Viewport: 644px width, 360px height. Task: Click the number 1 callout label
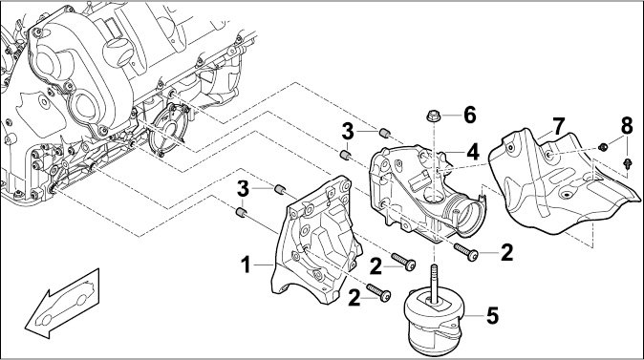pos(246,265)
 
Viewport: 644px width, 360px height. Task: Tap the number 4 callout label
pos(473,152)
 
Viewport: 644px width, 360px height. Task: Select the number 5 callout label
pos(492,316)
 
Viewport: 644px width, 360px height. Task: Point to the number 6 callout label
pos(470,115)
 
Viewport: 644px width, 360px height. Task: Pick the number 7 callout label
pos(559,126)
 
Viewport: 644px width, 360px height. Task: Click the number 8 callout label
pos(627,126)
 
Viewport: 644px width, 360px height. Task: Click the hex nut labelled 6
pos(432,116)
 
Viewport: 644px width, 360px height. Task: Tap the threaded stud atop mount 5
pos(434,284)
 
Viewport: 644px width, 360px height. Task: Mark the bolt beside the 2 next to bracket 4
pos(465,251)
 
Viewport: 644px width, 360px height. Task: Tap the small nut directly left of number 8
pos(603,146)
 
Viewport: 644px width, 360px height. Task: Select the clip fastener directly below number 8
pos(627,164)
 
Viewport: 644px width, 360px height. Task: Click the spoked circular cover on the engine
pos(168,129)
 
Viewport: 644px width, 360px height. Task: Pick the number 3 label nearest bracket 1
pos(243,189)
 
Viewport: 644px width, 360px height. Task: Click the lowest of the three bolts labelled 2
pos(378,293)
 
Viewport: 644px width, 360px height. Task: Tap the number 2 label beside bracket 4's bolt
pos(506,252)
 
